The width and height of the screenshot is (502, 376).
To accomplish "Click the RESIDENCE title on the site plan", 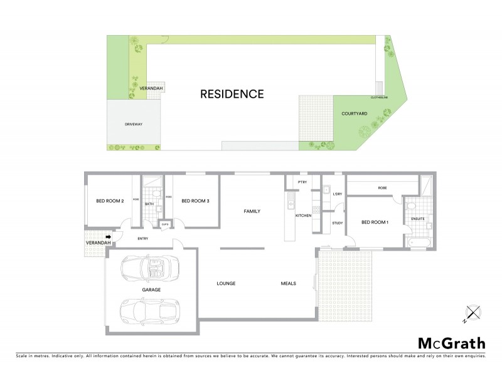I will [232, 95].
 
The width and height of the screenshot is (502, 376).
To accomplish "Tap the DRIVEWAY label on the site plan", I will [135, 125].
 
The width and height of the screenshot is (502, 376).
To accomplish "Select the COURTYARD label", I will [354, 115].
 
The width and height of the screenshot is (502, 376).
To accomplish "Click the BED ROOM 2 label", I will [109, 201].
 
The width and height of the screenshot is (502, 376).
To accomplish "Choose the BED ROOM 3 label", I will [195, 201].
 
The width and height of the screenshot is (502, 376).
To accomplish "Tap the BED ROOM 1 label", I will [375, 222].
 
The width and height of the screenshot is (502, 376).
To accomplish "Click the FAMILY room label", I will [252, 212].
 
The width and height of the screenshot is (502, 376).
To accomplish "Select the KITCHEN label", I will [304, 216].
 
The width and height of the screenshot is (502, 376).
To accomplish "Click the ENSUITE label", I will [418, 219].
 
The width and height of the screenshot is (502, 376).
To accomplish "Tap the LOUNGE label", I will [226, 284].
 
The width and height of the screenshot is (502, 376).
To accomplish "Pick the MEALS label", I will [288, 284].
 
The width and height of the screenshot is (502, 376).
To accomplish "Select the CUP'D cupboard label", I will [165, 224].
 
